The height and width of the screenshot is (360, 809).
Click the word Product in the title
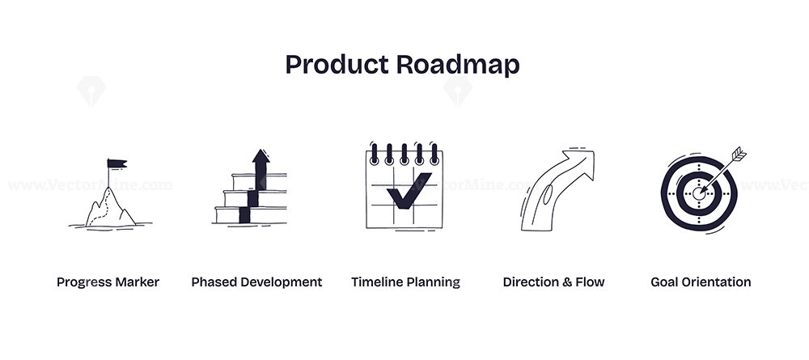[337, 65]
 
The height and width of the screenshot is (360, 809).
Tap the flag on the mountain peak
[116, 163]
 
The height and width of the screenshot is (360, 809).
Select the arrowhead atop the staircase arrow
[261, 156]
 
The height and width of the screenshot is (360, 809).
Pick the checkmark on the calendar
[408, 191]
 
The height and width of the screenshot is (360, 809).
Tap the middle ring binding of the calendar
[404, 153]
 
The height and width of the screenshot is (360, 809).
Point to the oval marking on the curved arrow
[548, 195]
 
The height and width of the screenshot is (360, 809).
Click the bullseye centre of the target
[699, 193]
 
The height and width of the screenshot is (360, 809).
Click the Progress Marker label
[108, 282]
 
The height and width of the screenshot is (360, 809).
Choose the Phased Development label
[256, 282]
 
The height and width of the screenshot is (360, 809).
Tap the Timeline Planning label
[405, 282]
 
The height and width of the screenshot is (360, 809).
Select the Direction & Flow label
[553, 282]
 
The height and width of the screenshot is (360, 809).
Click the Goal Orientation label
[701, 282]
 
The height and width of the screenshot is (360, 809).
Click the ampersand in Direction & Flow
[568, 282]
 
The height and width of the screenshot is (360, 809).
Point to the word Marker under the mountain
[138, 282]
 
